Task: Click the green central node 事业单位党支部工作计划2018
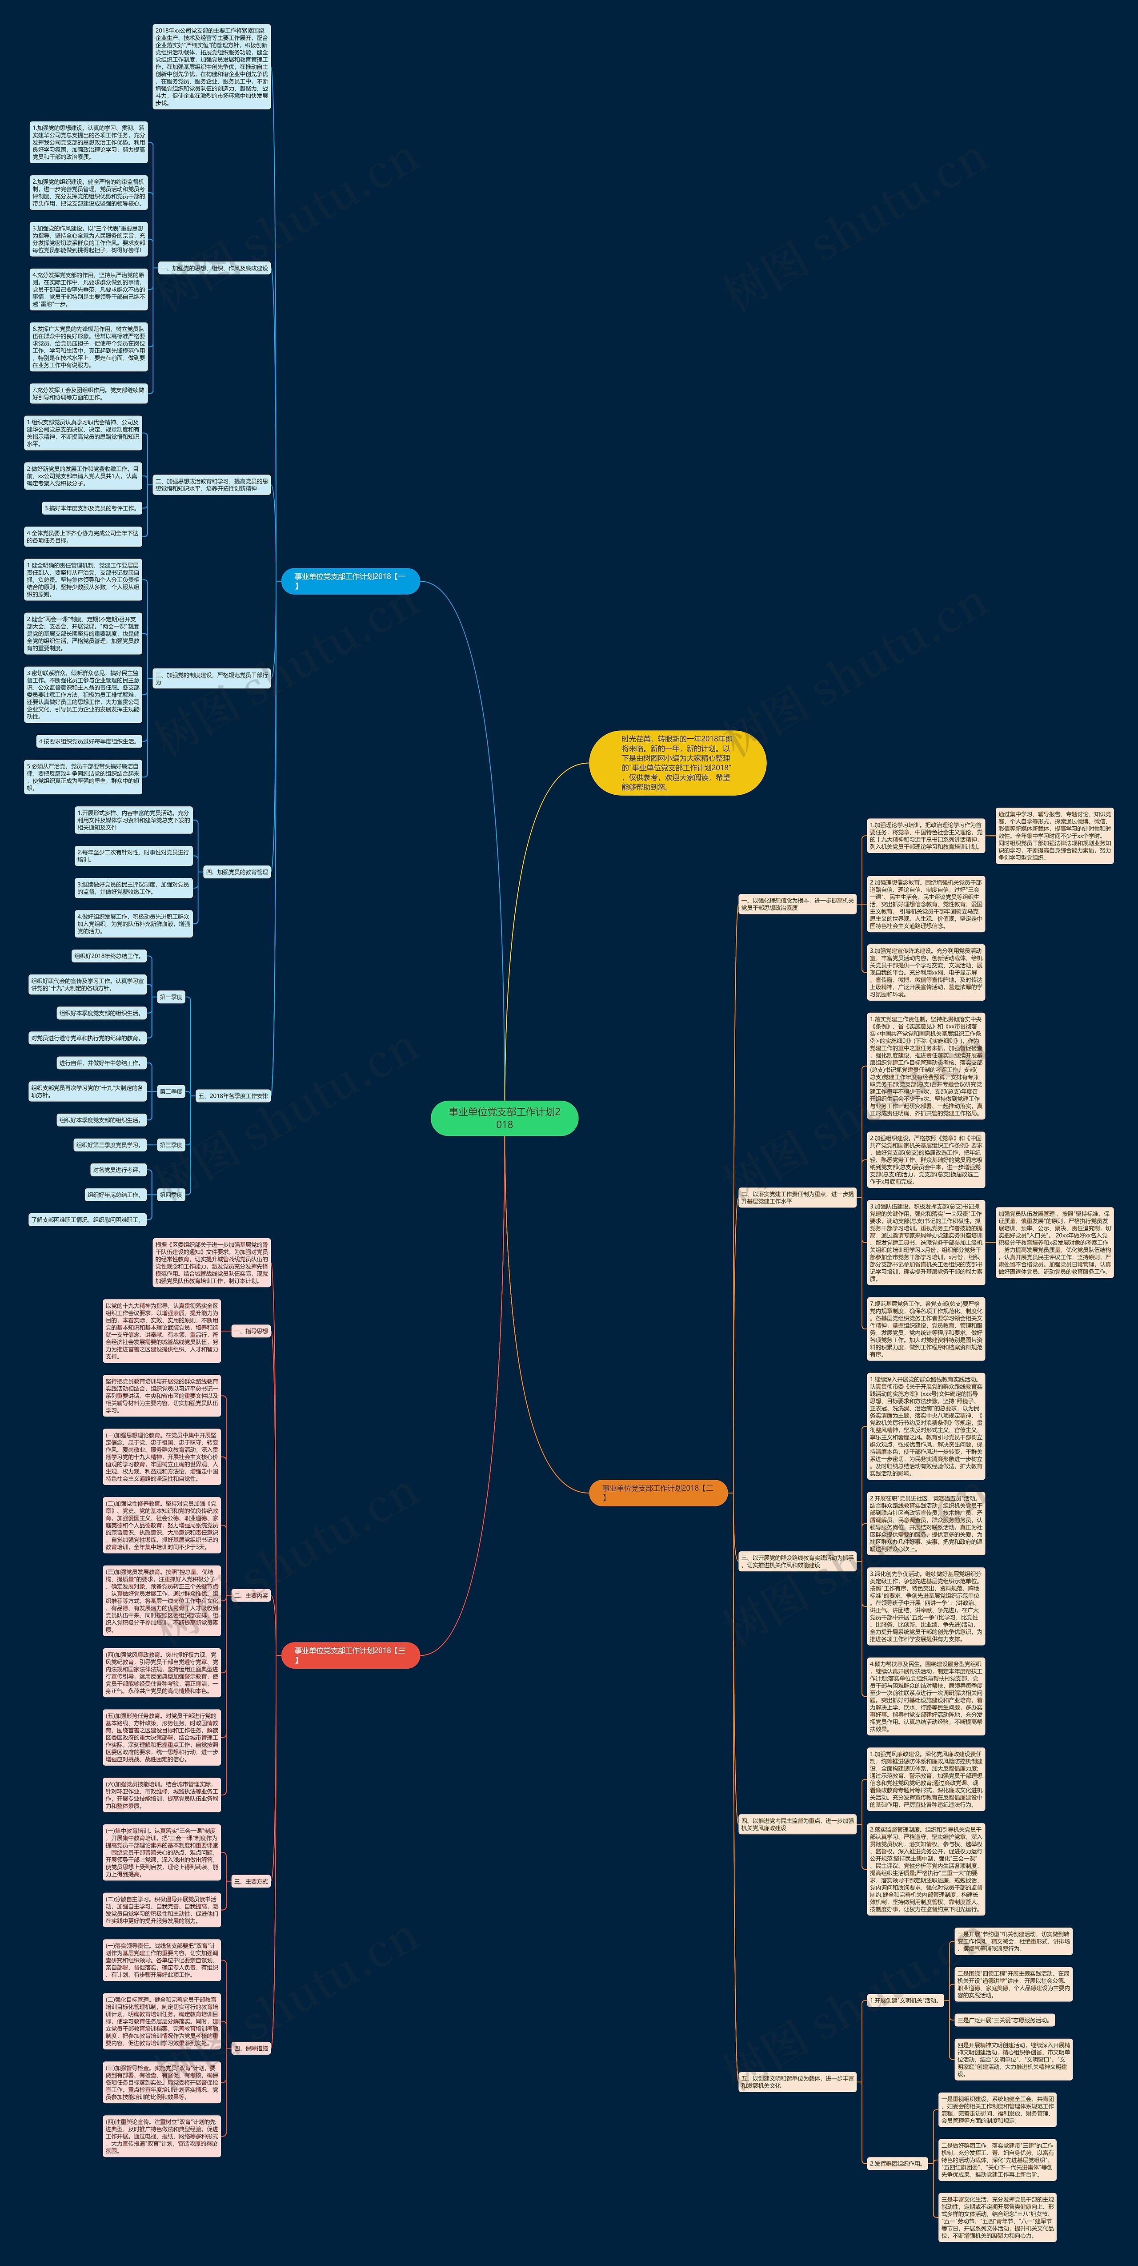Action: coord(504,1117)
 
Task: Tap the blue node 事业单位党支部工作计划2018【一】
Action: coord(350,580)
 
